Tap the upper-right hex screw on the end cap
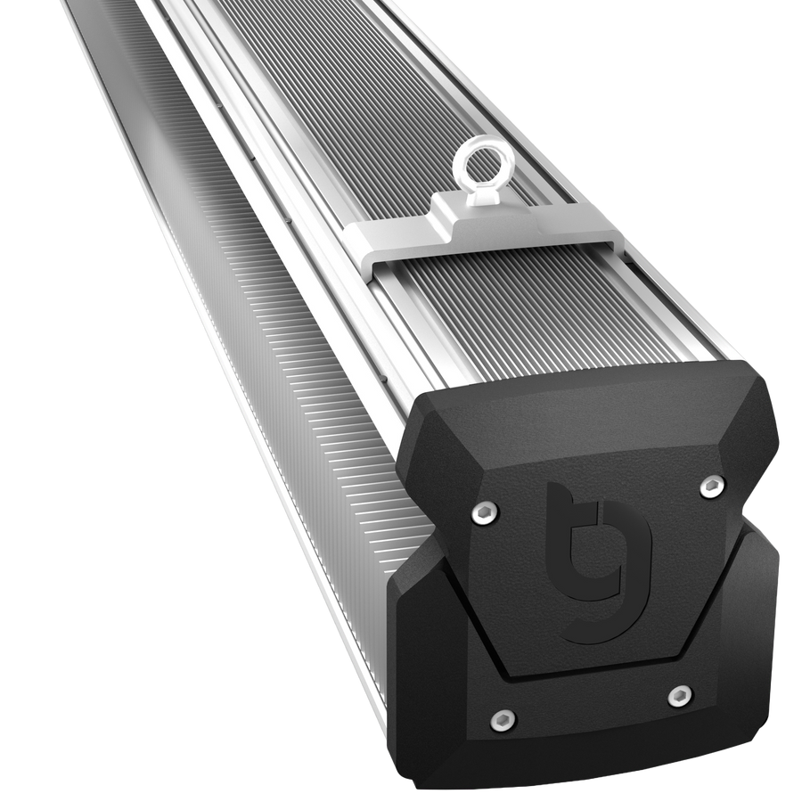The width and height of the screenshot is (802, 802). point(711,487)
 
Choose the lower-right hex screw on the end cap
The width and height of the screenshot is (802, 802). point(680,694)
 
